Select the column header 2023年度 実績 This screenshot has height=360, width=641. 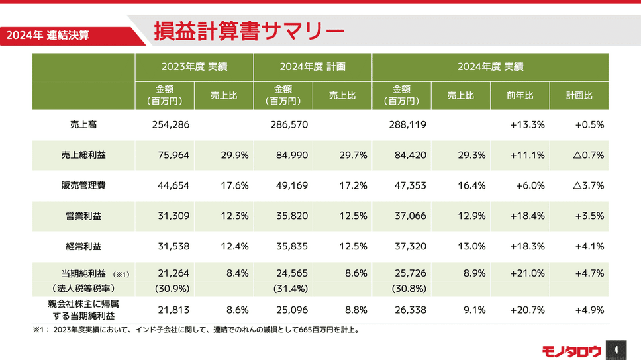194,66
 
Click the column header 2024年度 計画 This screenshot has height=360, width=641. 313,66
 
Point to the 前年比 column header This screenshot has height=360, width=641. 520,95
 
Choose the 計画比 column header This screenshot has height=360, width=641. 579,95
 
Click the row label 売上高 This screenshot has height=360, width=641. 83,124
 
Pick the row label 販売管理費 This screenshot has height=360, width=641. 83,185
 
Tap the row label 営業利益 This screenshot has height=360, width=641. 83,216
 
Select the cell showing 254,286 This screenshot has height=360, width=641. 170,124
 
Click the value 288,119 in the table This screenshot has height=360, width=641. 407,124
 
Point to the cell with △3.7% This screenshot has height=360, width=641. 588,185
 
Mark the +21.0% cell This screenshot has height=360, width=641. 528,273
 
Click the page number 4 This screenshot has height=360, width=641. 616,349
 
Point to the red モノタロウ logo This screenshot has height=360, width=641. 571,350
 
